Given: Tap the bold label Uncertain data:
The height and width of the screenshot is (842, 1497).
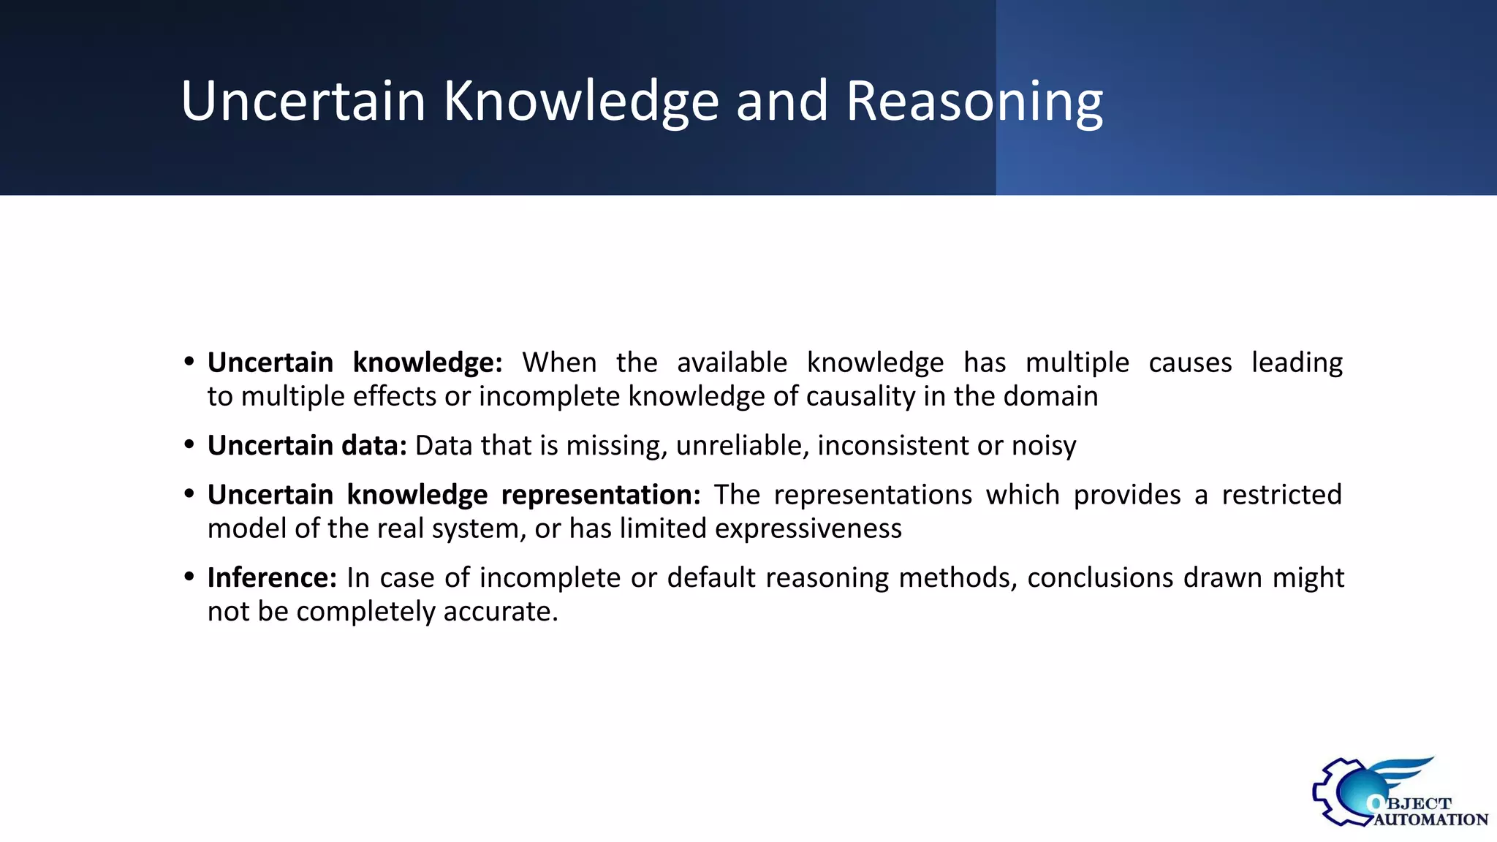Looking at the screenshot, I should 307,445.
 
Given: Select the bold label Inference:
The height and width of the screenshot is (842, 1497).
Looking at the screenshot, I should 272,577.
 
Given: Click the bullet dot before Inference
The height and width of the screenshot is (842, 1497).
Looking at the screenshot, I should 189,577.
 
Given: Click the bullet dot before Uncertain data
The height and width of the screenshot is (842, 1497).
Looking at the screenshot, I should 189,444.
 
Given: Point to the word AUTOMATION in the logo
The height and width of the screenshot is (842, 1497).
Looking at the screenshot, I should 1430,820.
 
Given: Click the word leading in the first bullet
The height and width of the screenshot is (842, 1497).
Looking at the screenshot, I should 1297,363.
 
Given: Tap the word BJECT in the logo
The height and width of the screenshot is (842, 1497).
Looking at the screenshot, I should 1419,804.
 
